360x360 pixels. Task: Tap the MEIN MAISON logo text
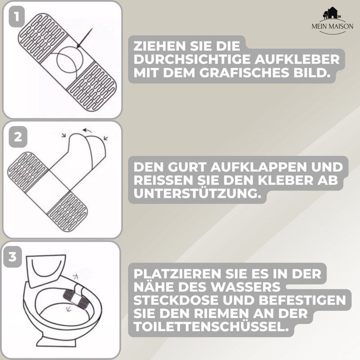coord(333,27)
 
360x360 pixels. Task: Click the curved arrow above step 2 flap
coord(89,130)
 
